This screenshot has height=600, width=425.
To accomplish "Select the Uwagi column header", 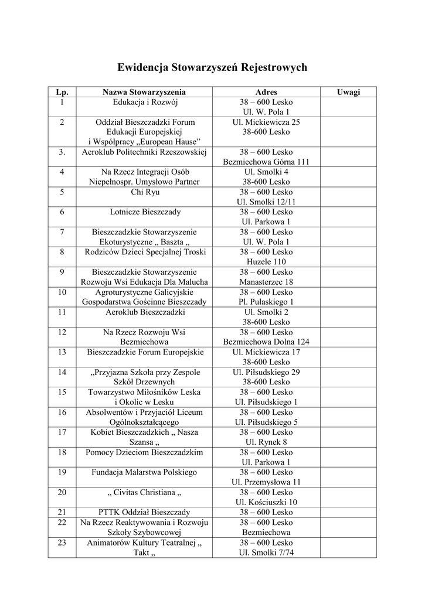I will pyautogui.click(x=348, y=92).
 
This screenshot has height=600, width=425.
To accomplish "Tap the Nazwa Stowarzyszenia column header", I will pyautogui.click(x=144, y=92).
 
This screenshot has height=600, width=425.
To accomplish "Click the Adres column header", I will pyautogui.click(x=266, y=92).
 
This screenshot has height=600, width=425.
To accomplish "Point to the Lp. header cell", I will pyautogui.click(x=62, y=92).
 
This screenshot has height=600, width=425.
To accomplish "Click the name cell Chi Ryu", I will pyautogui.click(x=145, y=192).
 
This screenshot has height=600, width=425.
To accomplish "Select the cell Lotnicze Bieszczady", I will pyautogui.click(x=145, y=212).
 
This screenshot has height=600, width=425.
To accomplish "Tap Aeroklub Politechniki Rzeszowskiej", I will pyautogui.click(x=144, y=152).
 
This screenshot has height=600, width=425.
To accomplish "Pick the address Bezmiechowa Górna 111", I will pyautogui.click(x=266, y=162).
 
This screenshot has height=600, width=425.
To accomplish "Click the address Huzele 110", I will pyautogui.click(x=266, y=261).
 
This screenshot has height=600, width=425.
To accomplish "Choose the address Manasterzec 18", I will pyautogui.click(x=266, y=282).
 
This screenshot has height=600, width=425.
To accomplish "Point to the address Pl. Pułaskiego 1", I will pyautogui.click(x=266, y=302).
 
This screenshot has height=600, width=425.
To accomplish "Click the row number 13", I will pyautogui.click(x=62, y=352).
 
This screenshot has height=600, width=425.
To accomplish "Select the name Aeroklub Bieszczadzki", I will pyautogui.click(x=145, y=312).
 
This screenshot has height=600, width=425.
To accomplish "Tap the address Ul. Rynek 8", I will pyautogui.click(x=266, y=442).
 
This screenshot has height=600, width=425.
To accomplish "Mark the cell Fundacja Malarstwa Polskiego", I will pyautogui.click(x=144, y=472).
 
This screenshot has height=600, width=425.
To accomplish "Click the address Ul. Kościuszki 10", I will pyautogui.click(x=266, y=502).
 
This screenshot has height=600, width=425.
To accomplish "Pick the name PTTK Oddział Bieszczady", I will pyautogui.click(x=144, y=512).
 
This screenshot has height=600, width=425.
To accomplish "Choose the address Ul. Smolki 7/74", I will pyautogui.click(x=266, y=552).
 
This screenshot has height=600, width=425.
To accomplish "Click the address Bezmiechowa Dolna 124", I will pyautogui.click(x=266, y=342).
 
